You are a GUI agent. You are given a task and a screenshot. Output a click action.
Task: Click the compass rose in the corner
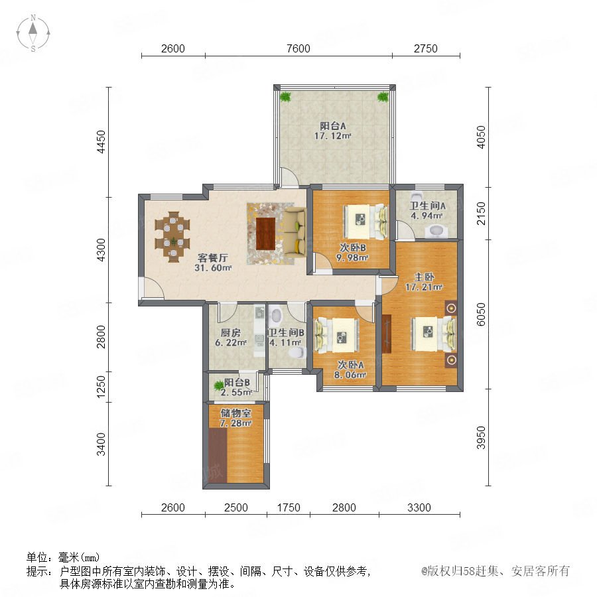pyautogui.click(x=33, y=33)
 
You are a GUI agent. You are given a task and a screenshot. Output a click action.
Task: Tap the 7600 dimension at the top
pyautogui.click(x=298, y=48)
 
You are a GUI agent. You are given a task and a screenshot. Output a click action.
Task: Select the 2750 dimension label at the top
pyautogui.click(x=426, y=48)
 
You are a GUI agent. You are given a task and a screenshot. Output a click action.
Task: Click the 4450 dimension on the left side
pyautogui.click(x=101, y=142)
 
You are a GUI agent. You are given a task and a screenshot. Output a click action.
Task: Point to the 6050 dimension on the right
pyautogui.click(x=482, y=314)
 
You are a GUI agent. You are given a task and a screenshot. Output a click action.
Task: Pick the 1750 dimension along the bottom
pyautogui.click(x=289, y=507)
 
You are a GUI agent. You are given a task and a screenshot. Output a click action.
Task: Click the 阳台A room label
pyautogui.click(x=333, y=125)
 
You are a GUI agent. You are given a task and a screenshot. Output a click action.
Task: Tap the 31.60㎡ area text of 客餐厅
pyautogui.click(x=213, y=268)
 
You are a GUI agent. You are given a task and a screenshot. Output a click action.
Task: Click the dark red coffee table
pyautogui.click(x=266, y=233)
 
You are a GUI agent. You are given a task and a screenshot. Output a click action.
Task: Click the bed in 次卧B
pyautogui.click(x=365, y=222)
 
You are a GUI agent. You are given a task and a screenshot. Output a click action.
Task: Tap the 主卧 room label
pyautogui.click(x=424, y=277)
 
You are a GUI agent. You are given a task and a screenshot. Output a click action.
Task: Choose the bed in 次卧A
pyautogui.click(x=337, y=336)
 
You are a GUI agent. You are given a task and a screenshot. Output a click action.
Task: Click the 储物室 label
pyautogui.click(x=235, y=413)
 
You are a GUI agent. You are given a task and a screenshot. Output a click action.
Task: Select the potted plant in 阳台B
pyautogui.click(x=219, y=385)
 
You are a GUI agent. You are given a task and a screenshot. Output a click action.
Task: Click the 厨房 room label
pyautogui.click(x=230, y=333)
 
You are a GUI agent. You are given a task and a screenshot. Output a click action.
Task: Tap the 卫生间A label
pyautogui.click(x=427, y=206)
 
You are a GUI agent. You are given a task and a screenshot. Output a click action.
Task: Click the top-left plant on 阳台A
pyautogui.click(x=285, y=97)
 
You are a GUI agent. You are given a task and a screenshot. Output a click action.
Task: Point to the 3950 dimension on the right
pyautogui.click(x=482, y=438)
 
